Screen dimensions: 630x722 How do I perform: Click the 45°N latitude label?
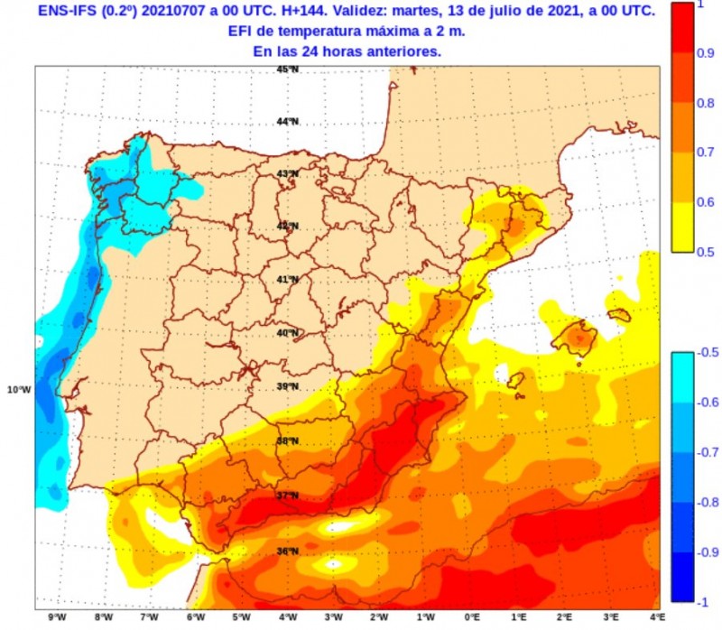click(x=287, y=69)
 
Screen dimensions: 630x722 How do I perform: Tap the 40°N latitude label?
click(x=287, y=333)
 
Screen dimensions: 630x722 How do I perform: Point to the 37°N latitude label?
click(x=287, y=496)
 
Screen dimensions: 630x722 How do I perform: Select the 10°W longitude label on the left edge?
click(x=19, y=390)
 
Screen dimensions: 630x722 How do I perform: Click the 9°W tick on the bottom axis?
click(x=58, y=617)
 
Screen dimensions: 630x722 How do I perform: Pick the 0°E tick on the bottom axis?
click(x=471, y=617)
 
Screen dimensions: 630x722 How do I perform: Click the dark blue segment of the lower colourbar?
click(x=684, y=578)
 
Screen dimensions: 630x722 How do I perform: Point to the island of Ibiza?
click(x=515, y=381)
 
